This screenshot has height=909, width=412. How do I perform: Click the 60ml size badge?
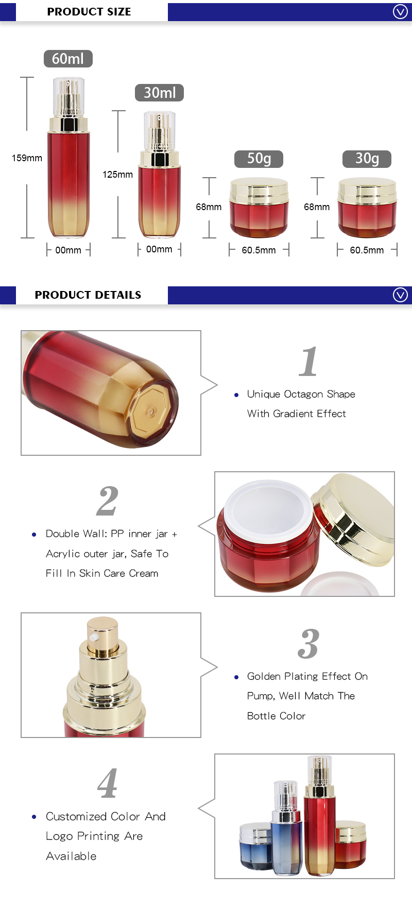[x=68, y=59]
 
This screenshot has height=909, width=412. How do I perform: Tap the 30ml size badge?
[x=159, y=93]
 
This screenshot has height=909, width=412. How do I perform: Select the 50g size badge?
[x=259, y=159]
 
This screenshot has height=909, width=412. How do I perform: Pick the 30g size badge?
[x=367, y=159]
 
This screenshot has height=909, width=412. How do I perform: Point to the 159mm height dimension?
[x=27, y=158]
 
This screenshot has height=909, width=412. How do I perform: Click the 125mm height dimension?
[x=117, y=175]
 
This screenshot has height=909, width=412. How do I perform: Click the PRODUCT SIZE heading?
[x=89, y=11]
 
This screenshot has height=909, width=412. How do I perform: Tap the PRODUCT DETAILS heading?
[x=88, y=295]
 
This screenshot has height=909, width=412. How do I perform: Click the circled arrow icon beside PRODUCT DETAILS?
[x=400, y=295]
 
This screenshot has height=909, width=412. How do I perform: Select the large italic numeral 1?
[x=308, y=362]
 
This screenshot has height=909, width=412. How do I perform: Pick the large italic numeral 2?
[x=107, y=501]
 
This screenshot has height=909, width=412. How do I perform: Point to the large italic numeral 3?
[x=308, y=644]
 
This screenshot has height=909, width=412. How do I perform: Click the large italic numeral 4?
[x=107, y=783]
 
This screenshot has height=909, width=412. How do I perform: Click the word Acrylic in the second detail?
[x=62, y=554]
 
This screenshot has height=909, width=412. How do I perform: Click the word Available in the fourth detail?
[x=71, y=856]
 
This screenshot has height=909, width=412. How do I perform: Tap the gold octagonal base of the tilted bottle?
[x=150, y=410]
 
